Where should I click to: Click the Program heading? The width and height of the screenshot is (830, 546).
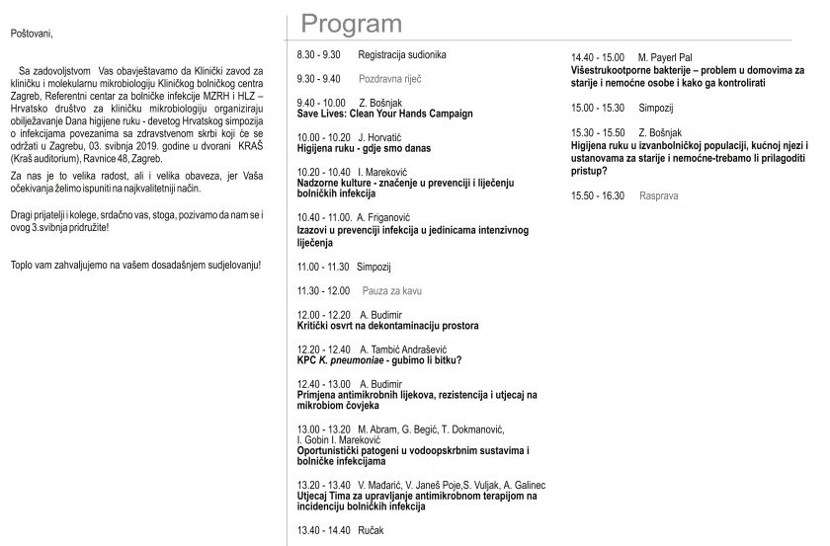pos(351,24)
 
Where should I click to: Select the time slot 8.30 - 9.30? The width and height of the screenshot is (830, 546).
pos(318,54)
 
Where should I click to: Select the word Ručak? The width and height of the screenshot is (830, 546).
pos(372,530)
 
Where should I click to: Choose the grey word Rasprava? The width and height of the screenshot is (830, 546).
pos(658,195)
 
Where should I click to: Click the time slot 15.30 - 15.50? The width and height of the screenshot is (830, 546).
pos(598,132)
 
